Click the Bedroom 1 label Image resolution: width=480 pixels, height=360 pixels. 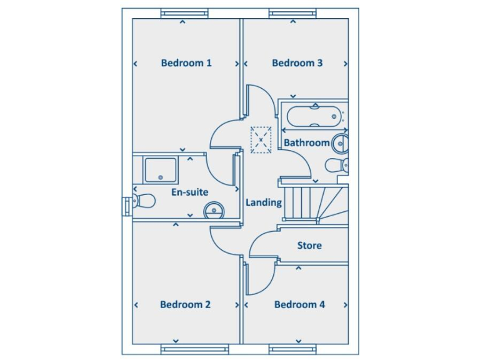pyautogui.click(x=186, y=62)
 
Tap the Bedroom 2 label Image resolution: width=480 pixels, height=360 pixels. pyautogui.click(x=185, y=304)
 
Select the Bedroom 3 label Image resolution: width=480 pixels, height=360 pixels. pyautogui.click(x=297, y=62)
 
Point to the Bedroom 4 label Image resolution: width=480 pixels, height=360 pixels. pyautogui.click(x=299, y=304)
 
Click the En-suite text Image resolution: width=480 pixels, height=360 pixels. pyautogui.click(x=189, y=192)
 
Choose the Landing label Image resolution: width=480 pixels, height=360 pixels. pyautogui.click(x=263, y=202)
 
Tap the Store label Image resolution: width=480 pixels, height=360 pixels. pyautogui.click(x=309, y=245)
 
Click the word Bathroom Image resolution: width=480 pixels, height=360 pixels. pyautogui.click(x=306, y=142)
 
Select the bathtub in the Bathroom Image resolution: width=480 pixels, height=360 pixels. pyautogui.click(x=313, y=116)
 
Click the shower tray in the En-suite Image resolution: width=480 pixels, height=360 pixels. pyautogui.click(x=161, y=169)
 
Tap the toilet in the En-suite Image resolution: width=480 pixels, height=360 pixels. pyautogui.click(x=142, y=201)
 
